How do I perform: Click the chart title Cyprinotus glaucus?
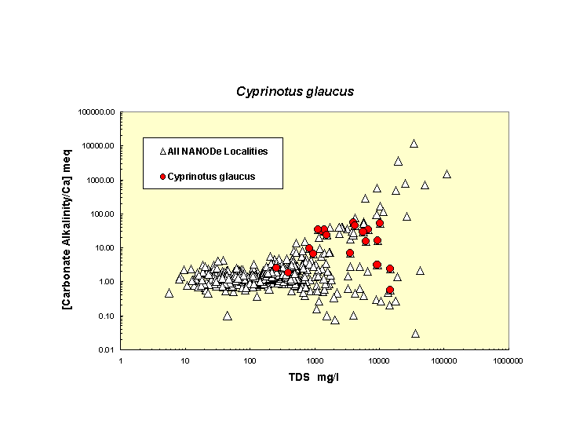tap(295, 91)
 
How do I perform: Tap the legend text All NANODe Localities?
tap(217, 151)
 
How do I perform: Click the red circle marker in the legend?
tap(162, 177)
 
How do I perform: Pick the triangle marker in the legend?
tap(162, 151)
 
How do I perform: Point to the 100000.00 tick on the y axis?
tap(97, 112)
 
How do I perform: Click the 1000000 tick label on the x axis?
tap(508, 360)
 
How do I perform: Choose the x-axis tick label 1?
tap(120, 360)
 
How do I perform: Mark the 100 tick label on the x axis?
tap(250, 360)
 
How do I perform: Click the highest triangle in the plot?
tap(414, 143)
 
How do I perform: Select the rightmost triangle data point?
tap(447, 174)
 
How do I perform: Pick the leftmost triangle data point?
tap(169, 293)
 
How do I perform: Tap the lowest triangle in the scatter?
tap(415, 333)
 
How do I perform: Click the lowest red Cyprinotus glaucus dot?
tap(390, 290)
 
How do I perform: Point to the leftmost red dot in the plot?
tap(276, 268)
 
